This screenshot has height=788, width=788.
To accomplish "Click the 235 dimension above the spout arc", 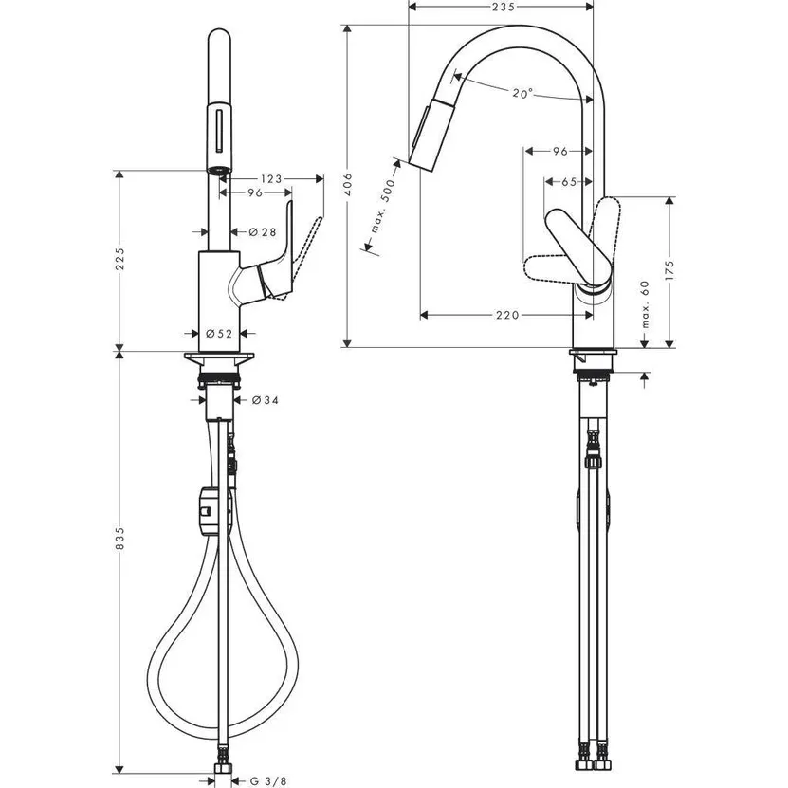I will [504, 8].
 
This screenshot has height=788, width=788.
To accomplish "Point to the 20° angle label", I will [522, 94].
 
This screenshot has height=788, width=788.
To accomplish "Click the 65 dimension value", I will [569, 181].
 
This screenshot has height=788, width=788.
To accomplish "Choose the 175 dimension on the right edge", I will [669, 267].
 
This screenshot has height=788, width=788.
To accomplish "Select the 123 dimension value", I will [271, 177].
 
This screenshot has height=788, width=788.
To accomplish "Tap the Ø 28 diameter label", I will [262, 232].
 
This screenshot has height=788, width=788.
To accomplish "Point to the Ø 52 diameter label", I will [218, 334].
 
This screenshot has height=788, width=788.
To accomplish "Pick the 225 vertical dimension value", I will [119, 264].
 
